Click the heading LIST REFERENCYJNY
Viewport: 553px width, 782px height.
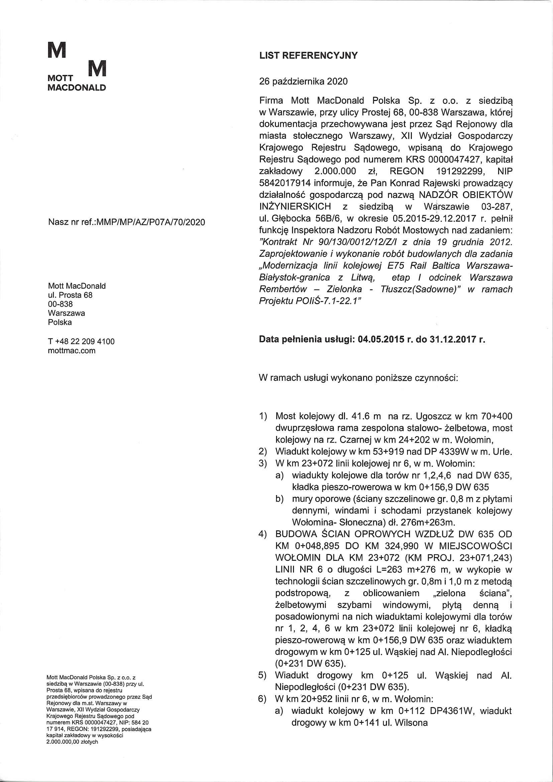(x=308, y=56)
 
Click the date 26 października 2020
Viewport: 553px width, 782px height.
(x=303, y=81)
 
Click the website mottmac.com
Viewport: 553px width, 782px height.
(x=72, y=350)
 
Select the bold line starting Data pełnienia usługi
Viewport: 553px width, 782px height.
(x=372, y=340)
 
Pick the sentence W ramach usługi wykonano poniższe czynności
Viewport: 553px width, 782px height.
(x=358, y=378)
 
